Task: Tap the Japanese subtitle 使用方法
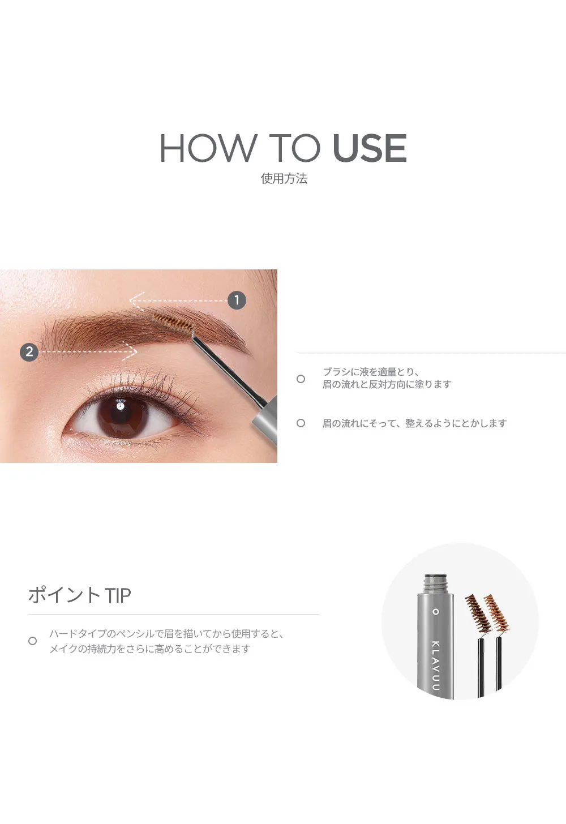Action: point(284,178)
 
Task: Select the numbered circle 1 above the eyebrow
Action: point(237,300)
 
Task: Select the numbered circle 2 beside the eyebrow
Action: point(29,351)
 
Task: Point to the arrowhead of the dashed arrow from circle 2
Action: point(131,351)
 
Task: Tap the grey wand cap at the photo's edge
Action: point(265,414)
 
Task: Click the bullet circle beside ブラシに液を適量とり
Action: point(301,379)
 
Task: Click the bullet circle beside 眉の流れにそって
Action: point(301,423)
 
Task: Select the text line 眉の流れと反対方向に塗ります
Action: point(387,384)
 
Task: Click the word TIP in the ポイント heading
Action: point(118,595)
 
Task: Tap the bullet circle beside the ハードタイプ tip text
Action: point(32,641)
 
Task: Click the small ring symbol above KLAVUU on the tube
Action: point(436,612)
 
